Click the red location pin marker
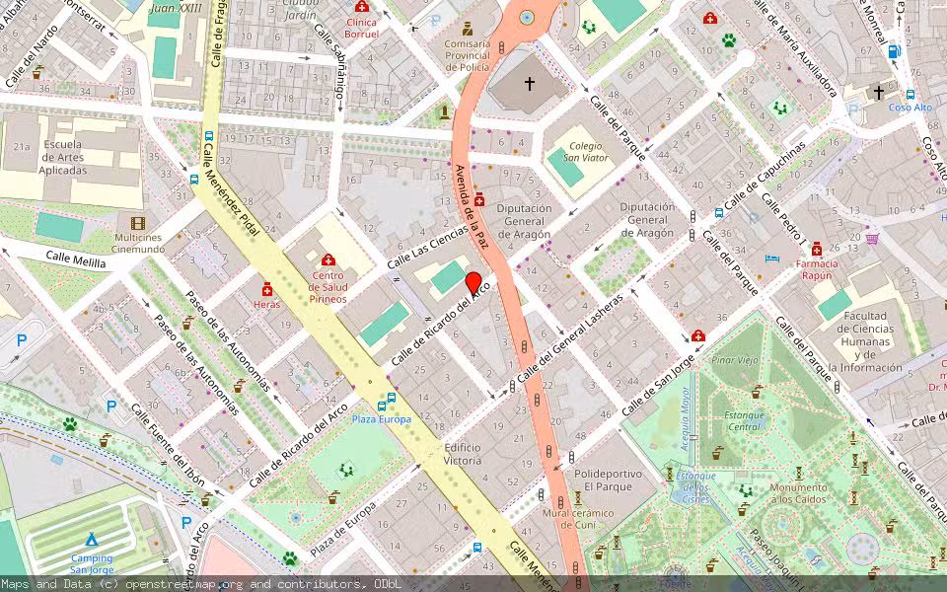473,283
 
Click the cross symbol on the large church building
529,85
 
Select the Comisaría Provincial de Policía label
468,56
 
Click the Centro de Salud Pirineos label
328,285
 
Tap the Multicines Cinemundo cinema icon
137,223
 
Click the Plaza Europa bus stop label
382,419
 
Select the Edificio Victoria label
463,454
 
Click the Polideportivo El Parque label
608,481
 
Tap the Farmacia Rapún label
817,270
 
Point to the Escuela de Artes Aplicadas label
62,157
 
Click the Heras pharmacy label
266,304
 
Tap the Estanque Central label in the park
745,421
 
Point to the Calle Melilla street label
75,259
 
